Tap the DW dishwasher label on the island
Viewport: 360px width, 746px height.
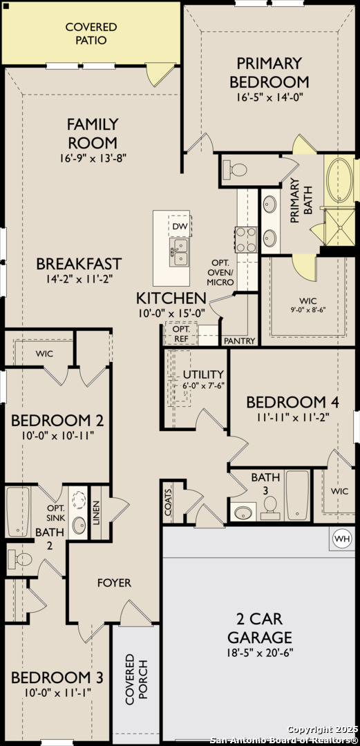(180, 227)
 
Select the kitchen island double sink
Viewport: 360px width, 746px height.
(179, 252)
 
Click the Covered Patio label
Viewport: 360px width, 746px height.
(91, 33)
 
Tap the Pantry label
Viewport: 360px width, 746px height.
(240, 341)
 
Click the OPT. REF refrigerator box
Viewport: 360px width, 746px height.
(180, 334)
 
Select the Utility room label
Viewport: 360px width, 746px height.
(203, 374)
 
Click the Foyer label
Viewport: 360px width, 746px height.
(114, 583)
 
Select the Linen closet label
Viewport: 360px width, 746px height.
(96, 509)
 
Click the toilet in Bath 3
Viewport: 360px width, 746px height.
(270, 508)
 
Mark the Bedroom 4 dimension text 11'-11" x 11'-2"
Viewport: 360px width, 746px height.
(285, 417)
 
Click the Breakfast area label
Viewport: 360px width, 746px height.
(79, 263)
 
